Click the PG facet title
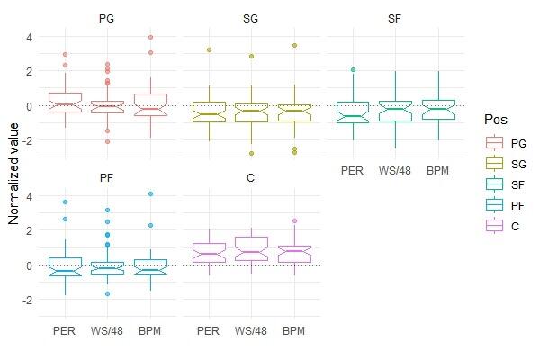click(x=108, y=18)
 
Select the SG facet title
click(x=251, y=18)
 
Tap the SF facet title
click(x=395, y=18)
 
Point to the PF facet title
click(x=108, y=177)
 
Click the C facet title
click(x=251, y=177)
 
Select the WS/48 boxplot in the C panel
click(x=251, y=248)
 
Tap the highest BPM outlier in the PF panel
click(x=150, y=193)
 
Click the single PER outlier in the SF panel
click(x=353, y=69)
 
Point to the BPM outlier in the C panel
click(x=294, y=220)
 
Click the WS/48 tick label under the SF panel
click(x=395, y=169)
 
